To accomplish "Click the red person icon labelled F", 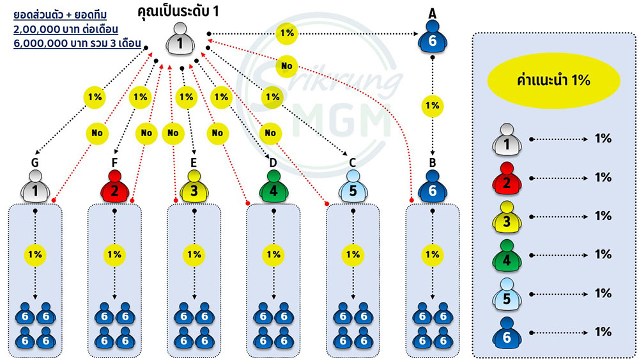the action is coord(114,186).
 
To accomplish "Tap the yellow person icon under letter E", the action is coord(194,186).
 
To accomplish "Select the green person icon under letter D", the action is coord(273,186).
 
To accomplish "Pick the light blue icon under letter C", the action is coord(353,186).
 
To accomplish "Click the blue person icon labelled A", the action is coord(433,36).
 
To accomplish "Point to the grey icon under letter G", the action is coord(35,186).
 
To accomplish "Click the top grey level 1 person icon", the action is coord(180,39).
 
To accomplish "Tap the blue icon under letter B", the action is coord(433,186).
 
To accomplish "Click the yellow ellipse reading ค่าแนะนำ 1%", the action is coord(553,81).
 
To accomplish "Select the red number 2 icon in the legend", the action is coord(507,178).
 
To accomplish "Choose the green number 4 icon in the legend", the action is coord(507,256).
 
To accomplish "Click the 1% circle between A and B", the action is coord(433,106).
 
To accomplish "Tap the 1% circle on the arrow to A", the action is coord(287,33).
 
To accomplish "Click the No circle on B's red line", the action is coord(287,66).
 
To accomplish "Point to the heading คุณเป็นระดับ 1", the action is coord(178,11).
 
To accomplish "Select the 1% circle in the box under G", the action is coord(35,254).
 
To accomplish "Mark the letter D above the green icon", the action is coord(273,163).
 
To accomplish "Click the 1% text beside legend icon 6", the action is coord(603,332).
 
